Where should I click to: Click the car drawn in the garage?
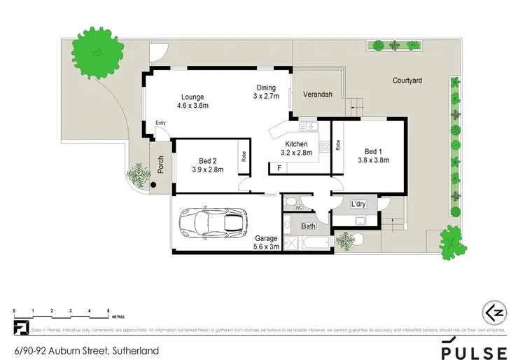213,223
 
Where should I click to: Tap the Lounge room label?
192,97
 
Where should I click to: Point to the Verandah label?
317,95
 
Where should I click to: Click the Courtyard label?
407,81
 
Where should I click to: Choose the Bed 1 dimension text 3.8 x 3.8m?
374,160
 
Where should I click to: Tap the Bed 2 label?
206,159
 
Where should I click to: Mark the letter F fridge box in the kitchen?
279,168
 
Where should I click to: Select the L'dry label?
358,205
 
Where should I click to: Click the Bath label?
309,226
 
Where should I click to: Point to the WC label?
297,207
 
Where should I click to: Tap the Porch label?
160,164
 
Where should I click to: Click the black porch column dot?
154,186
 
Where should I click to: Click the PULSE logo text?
473,350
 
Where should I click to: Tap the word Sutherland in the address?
135,351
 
